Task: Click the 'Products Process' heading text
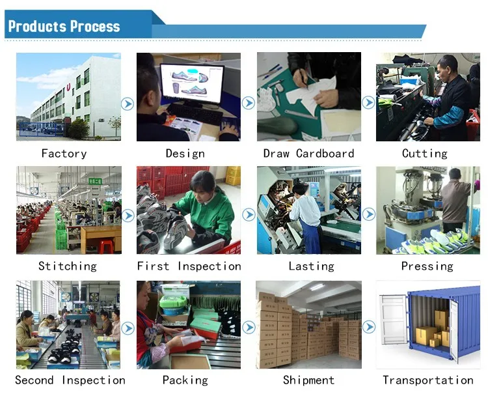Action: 64,27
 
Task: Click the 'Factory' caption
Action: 64,154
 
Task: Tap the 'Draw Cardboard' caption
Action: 308,153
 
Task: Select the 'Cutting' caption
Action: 425,154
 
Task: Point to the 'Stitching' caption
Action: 68,266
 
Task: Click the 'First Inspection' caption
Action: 189,266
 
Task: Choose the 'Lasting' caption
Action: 311,266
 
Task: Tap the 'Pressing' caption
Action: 427,266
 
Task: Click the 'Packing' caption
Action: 185,380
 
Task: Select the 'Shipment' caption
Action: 308,380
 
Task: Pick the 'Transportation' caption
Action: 428,380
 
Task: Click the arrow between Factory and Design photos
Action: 128,104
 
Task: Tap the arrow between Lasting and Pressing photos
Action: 369,214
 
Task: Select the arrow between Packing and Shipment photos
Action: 249,328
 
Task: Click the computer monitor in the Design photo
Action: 192,85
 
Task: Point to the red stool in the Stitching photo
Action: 106,246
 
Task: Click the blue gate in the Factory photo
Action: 42,130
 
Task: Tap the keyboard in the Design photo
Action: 195,114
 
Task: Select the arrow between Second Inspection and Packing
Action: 128,328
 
